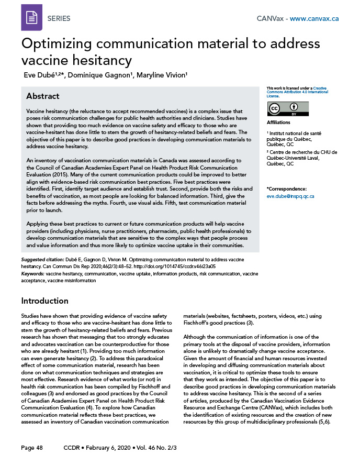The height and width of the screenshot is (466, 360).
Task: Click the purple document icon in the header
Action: (x=31, y=18)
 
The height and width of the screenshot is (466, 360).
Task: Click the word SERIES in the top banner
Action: (x=59, y=19)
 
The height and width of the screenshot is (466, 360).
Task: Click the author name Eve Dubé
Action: (x=44, y=75)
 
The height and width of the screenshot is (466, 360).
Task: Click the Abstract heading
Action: (x=42, y=96)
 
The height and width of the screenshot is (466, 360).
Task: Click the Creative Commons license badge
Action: (x=287, y=108)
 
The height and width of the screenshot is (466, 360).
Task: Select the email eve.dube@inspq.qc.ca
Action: (x=290, y=196)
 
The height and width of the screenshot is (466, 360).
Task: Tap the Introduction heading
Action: (x=44, y=301)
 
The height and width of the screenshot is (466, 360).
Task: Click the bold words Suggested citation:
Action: (x=42, y=260)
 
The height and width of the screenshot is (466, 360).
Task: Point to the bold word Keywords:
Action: (x=32, y=273)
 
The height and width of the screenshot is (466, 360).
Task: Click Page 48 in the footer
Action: (x=32, y=448)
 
